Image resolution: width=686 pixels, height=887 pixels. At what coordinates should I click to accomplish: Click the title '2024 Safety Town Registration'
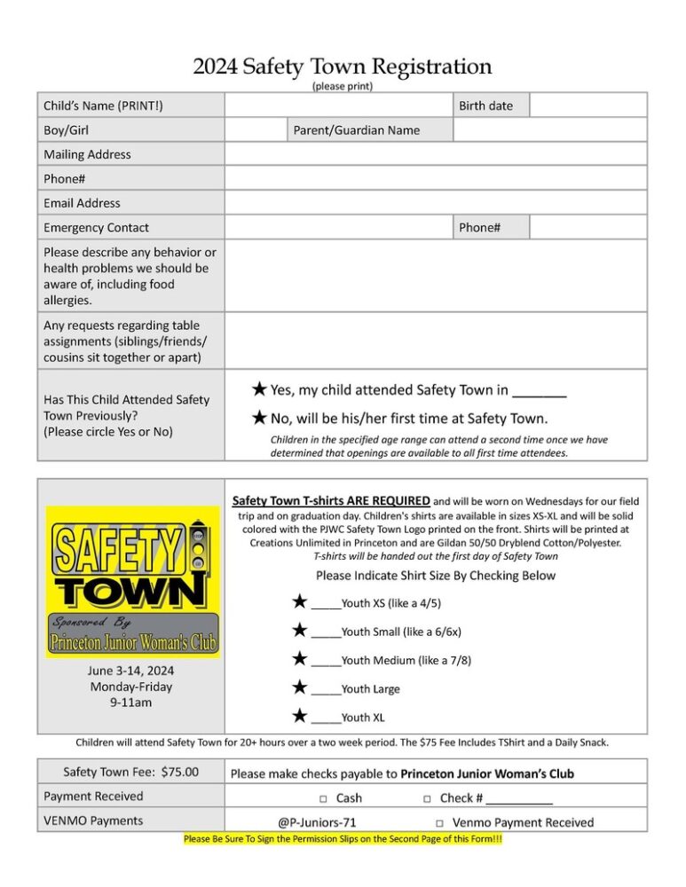[343, 67]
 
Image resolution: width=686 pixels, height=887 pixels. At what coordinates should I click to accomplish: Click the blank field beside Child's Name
[338, 106]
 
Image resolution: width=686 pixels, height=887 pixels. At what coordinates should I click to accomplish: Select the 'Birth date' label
[485, 106]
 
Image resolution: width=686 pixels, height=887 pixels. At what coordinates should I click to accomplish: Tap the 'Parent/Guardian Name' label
[357, 130]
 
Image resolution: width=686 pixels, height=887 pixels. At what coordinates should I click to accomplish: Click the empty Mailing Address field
[435, 154]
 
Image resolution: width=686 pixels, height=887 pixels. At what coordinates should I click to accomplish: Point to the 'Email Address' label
[83, 203]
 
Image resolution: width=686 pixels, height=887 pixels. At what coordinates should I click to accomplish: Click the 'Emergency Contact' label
[97, 228]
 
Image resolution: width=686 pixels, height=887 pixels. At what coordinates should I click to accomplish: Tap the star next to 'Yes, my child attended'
[258, 389]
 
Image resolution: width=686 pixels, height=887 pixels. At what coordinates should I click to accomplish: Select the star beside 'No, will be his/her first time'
[258, 417]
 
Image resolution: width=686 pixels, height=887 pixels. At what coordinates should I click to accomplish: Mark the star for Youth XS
[300, 602]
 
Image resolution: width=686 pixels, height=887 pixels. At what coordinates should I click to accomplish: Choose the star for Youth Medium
[300, 659]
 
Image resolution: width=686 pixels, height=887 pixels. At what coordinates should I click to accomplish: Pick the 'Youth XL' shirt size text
[363, 718]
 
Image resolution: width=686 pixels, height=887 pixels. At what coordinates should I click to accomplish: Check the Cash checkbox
[325, 798]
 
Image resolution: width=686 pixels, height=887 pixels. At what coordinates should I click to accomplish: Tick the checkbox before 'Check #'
[428, 798]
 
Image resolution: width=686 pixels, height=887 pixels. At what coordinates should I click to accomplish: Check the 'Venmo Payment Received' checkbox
[440, 823]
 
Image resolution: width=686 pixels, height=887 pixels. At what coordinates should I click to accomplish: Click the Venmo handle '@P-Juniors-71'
[317, 823]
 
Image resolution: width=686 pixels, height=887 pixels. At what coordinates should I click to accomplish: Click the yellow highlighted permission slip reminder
[343, 839]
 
